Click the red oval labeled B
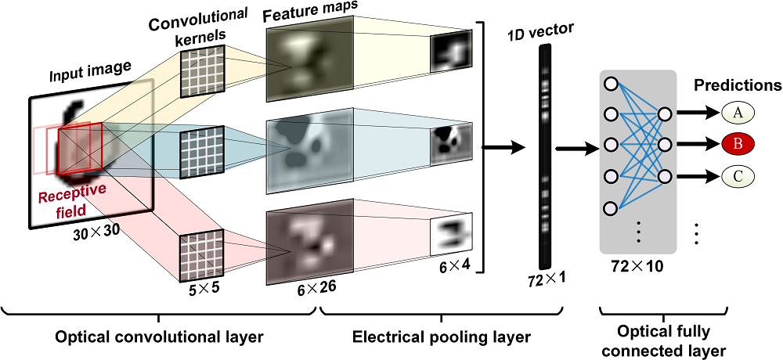click(x=737, y=144)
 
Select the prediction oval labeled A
click(x=737, y=114)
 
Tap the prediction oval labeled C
click(x=737, y=174)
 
